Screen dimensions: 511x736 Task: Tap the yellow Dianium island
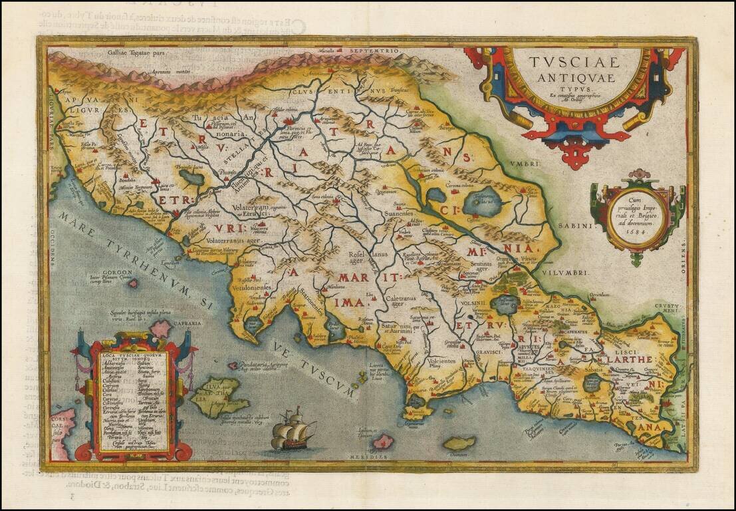click(x=459, y=442)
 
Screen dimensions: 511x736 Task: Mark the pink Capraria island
click(x=160, y=329)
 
